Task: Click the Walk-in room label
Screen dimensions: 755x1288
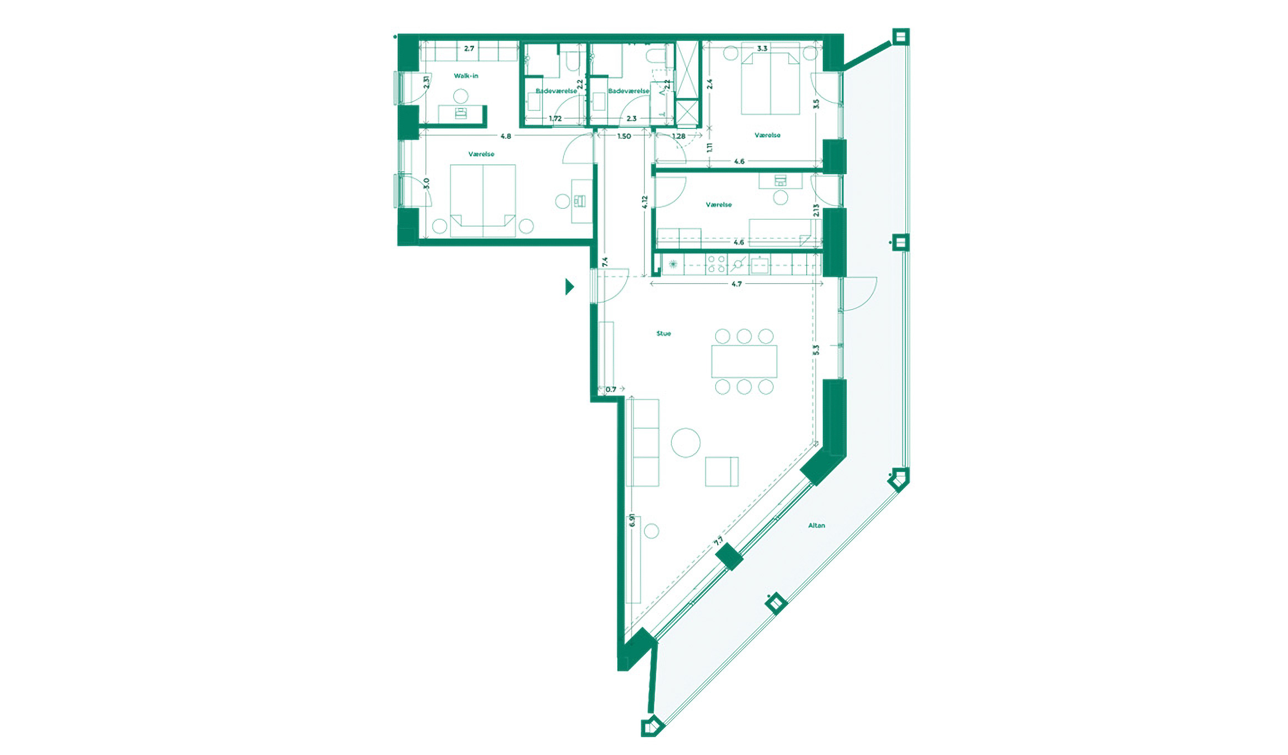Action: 466,75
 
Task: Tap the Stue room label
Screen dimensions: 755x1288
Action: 663,334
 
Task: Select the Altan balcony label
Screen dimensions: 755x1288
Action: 816,525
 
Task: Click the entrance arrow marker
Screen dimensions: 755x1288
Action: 569,286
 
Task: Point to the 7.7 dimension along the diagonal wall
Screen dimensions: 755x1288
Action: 718,541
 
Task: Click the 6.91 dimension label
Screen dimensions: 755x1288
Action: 632,521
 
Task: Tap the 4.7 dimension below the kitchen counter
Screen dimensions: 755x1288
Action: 736,284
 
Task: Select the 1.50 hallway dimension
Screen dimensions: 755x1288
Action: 624,136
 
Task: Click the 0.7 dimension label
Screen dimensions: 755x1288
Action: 611,389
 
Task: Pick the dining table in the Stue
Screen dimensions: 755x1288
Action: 744,361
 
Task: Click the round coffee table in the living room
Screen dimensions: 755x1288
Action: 686,442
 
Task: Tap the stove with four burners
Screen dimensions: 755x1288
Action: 716,264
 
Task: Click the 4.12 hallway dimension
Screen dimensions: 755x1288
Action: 645,202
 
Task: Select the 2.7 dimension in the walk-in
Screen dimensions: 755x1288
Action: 469,48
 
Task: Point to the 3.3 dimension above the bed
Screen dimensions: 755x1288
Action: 762,48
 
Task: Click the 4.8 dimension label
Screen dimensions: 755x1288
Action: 505,136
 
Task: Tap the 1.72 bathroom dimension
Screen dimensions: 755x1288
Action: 555,118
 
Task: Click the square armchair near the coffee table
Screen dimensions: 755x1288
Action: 722,471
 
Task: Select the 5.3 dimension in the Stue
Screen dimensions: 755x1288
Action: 816,350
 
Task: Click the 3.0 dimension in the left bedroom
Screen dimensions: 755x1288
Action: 426,183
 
